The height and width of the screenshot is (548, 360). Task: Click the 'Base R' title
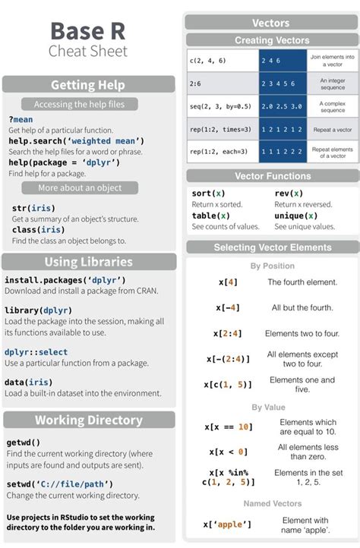[87, 31]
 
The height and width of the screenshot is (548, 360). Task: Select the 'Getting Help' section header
[88, 84]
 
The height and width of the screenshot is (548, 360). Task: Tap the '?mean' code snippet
[21, 120]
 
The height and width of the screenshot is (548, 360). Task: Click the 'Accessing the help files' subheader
[79, 104]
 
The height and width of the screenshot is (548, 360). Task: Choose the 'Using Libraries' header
[88, 262]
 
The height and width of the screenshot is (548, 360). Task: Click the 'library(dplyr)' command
[36, 310]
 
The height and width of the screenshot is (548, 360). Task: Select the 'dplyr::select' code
[36, 352]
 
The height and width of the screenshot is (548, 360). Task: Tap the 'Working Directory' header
[88, 420]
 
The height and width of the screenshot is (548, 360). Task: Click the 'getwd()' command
[24, 442]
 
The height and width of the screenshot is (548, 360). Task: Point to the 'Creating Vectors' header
[272, 40]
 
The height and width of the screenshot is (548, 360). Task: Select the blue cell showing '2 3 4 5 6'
[278, 83]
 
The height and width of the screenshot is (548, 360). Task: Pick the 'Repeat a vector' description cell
[332, 130]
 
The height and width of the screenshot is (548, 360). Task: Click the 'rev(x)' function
[289, 194]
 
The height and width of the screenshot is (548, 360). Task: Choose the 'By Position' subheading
[273, 266]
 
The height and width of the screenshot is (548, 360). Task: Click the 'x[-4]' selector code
[228, 307]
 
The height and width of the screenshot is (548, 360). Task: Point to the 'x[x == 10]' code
[229, 427]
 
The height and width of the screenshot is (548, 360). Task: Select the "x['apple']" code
[227, 524]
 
